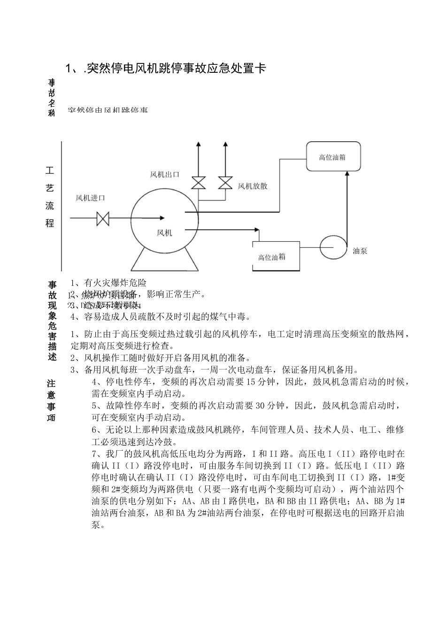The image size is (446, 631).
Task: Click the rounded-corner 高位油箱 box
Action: click(x=332, y=157)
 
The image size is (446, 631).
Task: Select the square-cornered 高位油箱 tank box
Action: click(x=276, y=256)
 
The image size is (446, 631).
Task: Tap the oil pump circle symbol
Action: click(x=333, y=246)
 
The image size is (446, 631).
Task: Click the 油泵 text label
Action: click(x=360, y=251)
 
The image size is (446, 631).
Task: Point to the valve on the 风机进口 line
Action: click(x=102, y=218)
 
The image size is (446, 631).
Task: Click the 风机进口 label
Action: click(x=90, y=198)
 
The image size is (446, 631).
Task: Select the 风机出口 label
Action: click(x=164, y=175)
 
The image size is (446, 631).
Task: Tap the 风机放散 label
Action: click(x=253, y=186)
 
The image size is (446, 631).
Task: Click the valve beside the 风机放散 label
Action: click(x=225, y=183)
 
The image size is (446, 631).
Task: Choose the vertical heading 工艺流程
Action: click(x=50, y=197)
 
